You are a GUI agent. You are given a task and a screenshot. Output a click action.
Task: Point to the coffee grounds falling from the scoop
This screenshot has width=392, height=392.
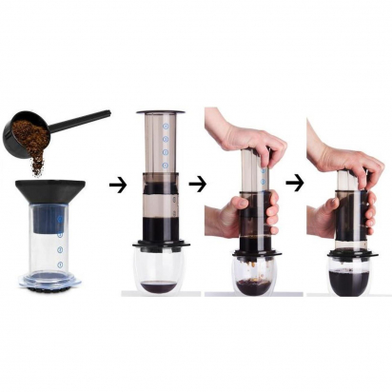[37, 164]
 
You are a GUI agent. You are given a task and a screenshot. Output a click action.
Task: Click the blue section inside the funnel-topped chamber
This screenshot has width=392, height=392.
[45, 221]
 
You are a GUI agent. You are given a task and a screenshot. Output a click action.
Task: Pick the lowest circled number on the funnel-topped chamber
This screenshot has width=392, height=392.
[58, 264]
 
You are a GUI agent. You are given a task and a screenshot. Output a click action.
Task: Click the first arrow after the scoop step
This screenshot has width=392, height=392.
[117, 185]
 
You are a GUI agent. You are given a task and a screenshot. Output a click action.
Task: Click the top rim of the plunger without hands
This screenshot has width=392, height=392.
[161, 114]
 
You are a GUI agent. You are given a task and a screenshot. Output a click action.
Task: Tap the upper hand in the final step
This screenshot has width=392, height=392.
[338, 153]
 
